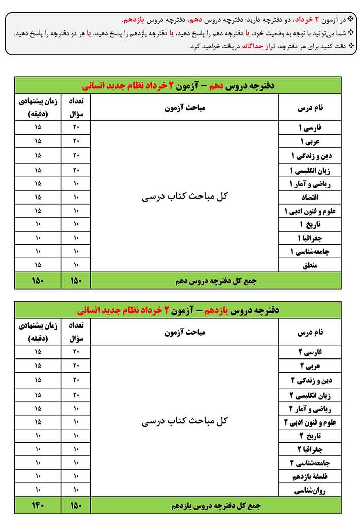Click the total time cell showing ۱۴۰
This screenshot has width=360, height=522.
(x=38, y=506)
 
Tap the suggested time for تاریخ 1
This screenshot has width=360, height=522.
(x=38, y=224)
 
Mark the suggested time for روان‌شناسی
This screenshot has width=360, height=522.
(x=38, y=491)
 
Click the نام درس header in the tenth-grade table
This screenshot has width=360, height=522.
(x=310, y=108)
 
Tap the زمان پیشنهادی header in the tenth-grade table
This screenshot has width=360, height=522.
(x=38, y=108)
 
